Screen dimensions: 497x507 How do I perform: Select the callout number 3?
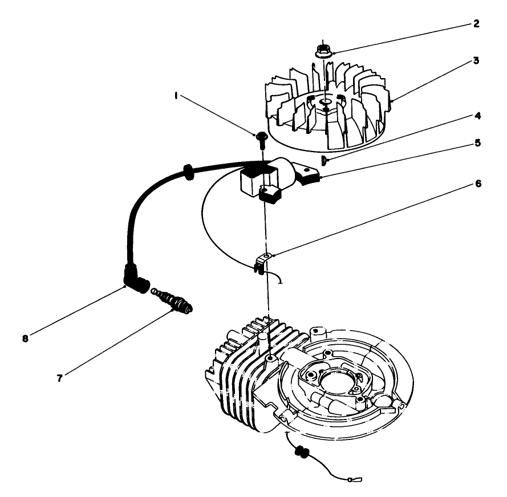tap(477, 59)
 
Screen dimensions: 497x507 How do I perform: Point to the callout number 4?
tap(477, 116)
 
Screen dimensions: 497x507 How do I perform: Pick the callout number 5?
tap(477, 143)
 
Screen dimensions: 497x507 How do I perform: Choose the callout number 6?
tap(477, 184)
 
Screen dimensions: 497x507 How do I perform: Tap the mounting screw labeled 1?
tap(262, 136)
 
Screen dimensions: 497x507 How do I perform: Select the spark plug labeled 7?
tap(175, 300)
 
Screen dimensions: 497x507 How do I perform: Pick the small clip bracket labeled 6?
tap(262, 262)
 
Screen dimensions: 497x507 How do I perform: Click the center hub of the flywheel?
tap(325, 103)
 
